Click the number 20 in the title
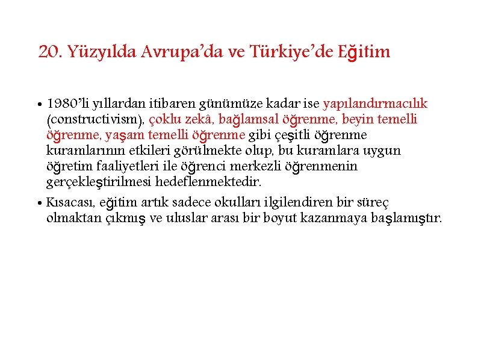tap(48, 52)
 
